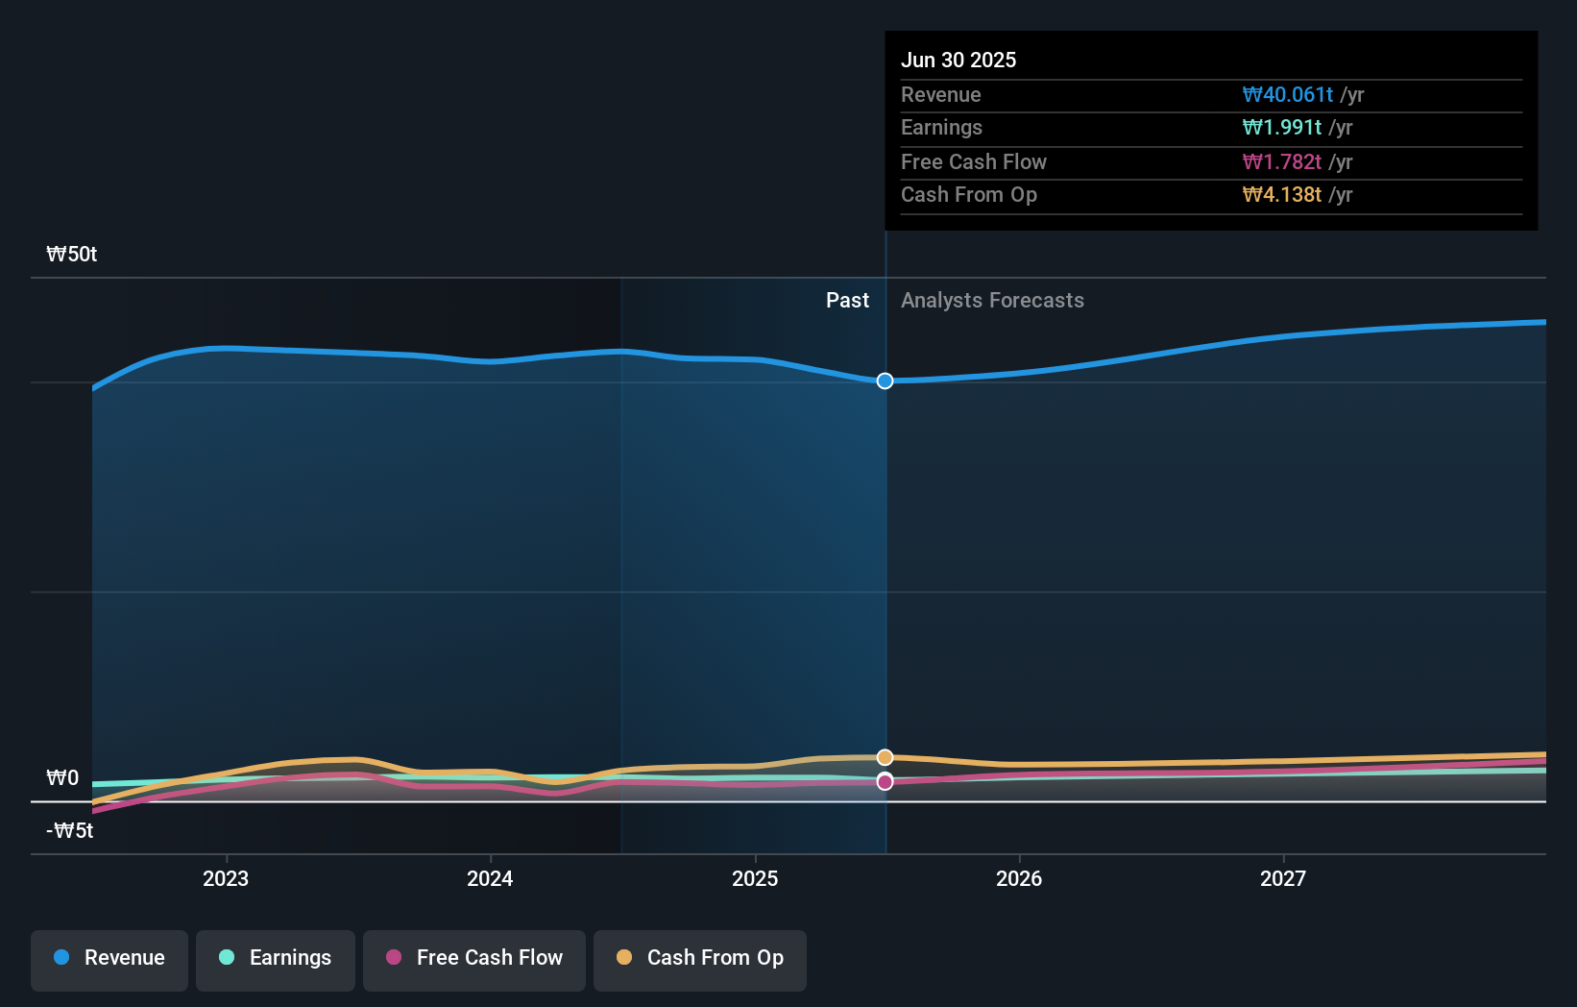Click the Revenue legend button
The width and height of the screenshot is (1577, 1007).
coord(109,958)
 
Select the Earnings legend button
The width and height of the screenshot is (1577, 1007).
coord(276,958)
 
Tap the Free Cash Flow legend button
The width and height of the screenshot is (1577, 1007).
coord(474,958)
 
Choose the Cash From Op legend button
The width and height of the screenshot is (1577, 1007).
coord(700,958)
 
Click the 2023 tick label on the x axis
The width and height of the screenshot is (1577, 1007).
coord(226,878)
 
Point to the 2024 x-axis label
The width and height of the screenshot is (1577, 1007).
coord(490,878)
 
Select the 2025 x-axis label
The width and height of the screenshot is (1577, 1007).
coord(755,878)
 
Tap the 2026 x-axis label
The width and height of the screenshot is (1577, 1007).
coord(1019,878)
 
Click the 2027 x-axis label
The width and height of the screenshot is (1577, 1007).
coord(1283,878)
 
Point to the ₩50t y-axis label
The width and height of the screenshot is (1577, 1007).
coord(72,255)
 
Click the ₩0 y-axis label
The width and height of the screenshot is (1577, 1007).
coord(62,777)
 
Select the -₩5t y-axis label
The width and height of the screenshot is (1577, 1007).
coord(70,830)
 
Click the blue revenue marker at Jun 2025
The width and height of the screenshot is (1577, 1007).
coord(886,381)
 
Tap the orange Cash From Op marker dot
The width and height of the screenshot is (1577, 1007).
coord(886,757)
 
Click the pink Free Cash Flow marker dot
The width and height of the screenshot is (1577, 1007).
coord(886,782)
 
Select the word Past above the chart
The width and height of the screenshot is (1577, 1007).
coord(847,301)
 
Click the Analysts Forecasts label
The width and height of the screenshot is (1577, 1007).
coord(992,301)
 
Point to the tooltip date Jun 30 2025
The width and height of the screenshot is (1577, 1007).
coord(958,60)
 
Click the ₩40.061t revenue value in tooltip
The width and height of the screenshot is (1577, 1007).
coord(1287,94)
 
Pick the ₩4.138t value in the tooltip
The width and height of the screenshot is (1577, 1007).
coord(1281,194)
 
